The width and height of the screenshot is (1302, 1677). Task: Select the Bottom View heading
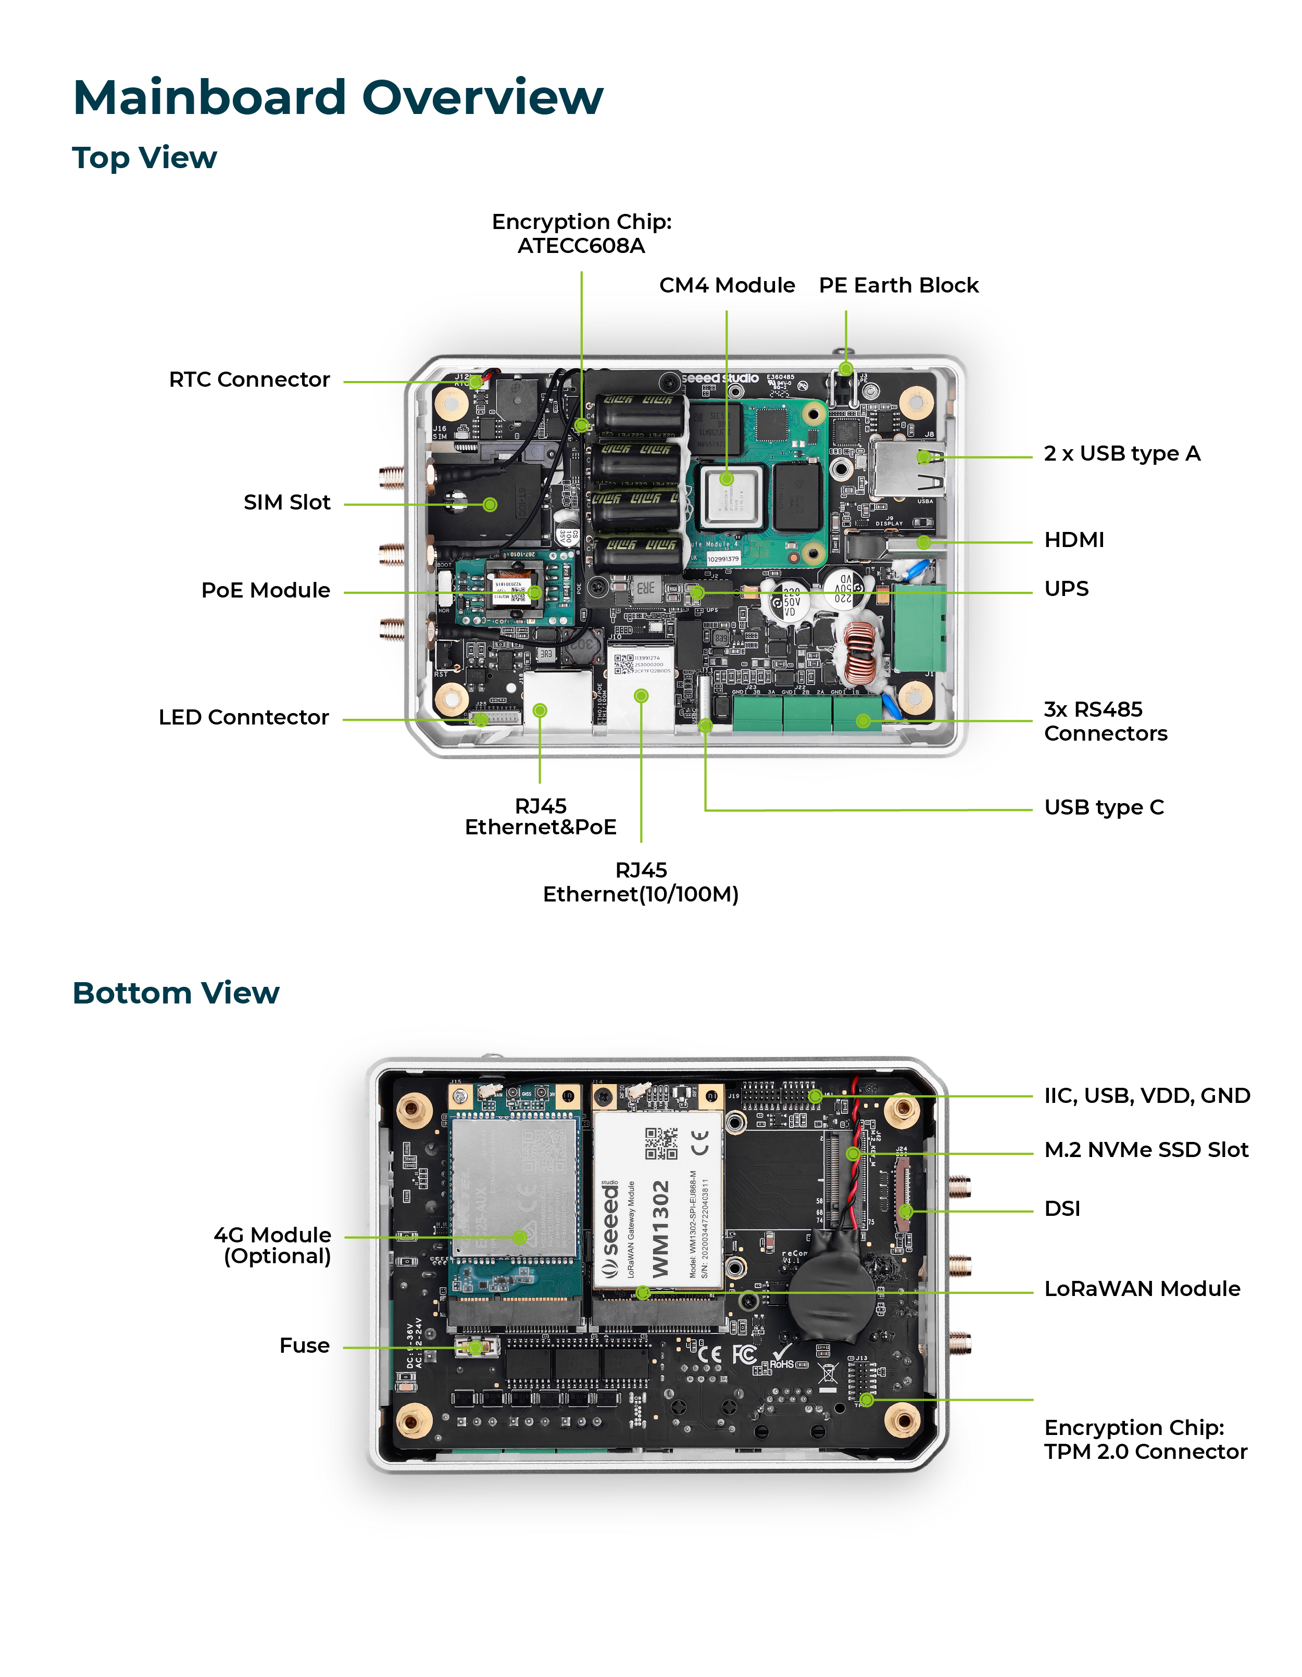tap(176, 993)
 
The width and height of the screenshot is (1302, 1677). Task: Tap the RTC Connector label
tap(249, 379)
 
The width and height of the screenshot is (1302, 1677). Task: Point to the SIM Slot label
tap(286, 502)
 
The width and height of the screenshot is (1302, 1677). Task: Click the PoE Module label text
tap(265, 590)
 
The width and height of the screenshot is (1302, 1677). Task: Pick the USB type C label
tap(1104, 807)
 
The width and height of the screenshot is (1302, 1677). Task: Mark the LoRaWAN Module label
tap(1142, 1289)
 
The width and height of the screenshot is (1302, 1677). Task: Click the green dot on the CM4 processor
tap(727, 479)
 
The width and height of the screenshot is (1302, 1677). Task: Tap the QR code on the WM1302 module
tap(660, 1144)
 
